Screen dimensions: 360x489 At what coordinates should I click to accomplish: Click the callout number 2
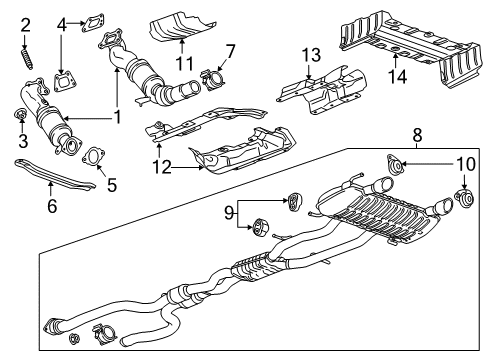click(x=26, y=23)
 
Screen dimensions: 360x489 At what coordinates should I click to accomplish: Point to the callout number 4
click(x=63, y=22)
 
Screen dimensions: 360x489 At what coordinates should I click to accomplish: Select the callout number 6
click(x=50, y=205)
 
